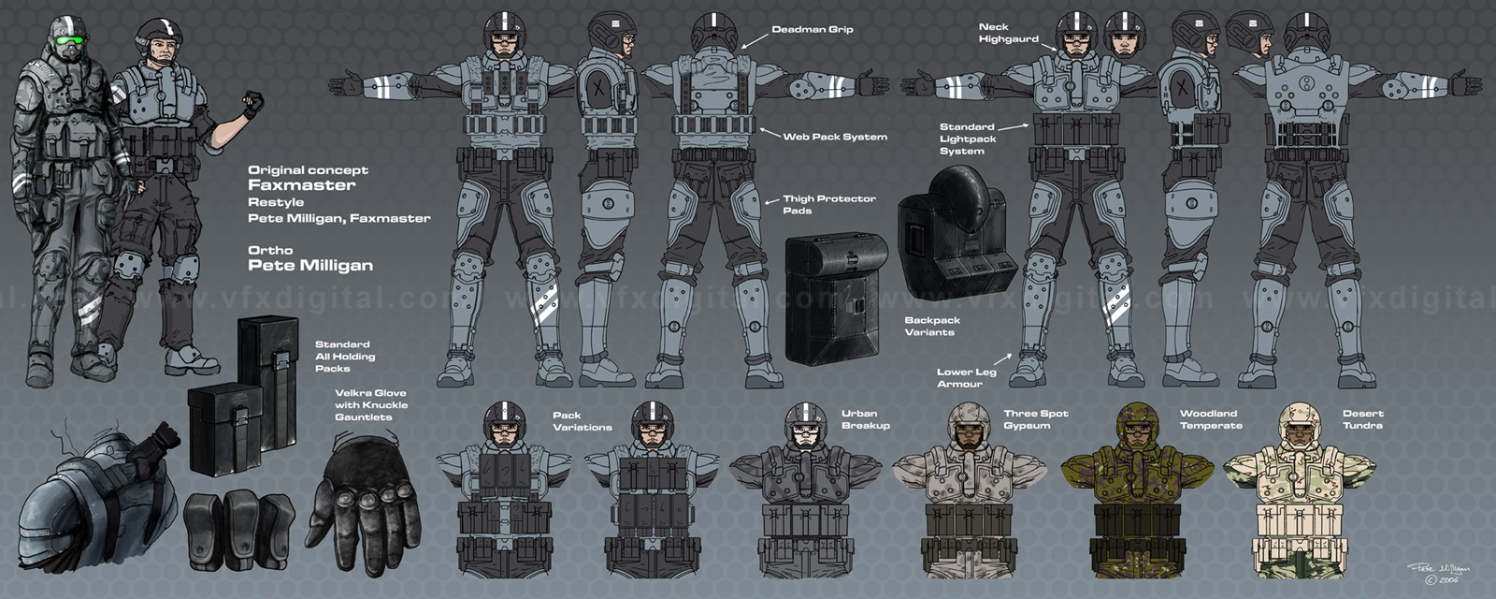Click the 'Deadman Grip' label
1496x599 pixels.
click(812, 30)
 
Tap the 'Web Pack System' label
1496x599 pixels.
click(835, 137)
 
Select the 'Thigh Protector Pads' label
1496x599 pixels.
click(828, 204)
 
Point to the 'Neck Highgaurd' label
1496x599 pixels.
click(1008, 33)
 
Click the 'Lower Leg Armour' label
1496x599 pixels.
click(966, 377)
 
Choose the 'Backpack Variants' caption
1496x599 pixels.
click(931, 326)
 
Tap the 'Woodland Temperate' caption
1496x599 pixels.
click(1211, 419)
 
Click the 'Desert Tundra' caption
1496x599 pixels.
click(1362, 419)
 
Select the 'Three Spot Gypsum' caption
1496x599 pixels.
click(1035, 419)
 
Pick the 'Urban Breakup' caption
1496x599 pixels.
click(865, 419)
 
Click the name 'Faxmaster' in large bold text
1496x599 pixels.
click(301, 185)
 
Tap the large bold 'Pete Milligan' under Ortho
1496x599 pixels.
click(309, 266)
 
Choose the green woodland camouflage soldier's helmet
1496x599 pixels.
click(1137, 420)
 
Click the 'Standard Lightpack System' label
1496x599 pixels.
click(968, 139)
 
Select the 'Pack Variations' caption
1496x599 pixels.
click(582, 421)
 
